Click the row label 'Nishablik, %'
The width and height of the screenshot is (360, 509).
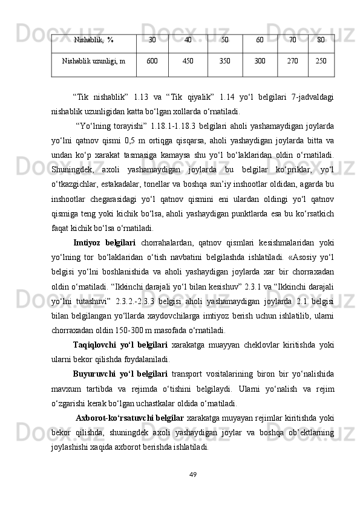tap(94, 41)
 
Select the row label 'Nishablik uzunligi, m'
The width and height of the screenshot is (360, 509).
tap(94, 61)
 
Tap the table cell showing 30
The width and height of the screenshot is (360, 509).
tap(152, 41)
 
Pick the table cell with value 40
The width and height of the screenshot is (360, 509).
tap(188, 41)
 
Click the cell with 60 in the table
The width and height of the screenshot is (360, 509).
tap(260, 41)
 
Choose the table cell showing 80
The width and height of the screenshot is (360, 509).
tap(321, 41)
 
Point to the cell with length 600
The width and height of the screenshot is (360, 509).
tap(152, 61)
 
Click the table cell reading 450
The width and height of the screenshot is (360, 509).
tap(188, 61)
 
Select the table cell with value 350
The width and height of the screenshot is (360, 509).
tap(224, 61)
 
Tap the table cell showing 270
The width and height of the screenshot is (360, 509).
tap(293, 61)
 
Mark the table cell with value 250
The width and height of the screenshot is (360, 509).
tap(321, 61)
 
